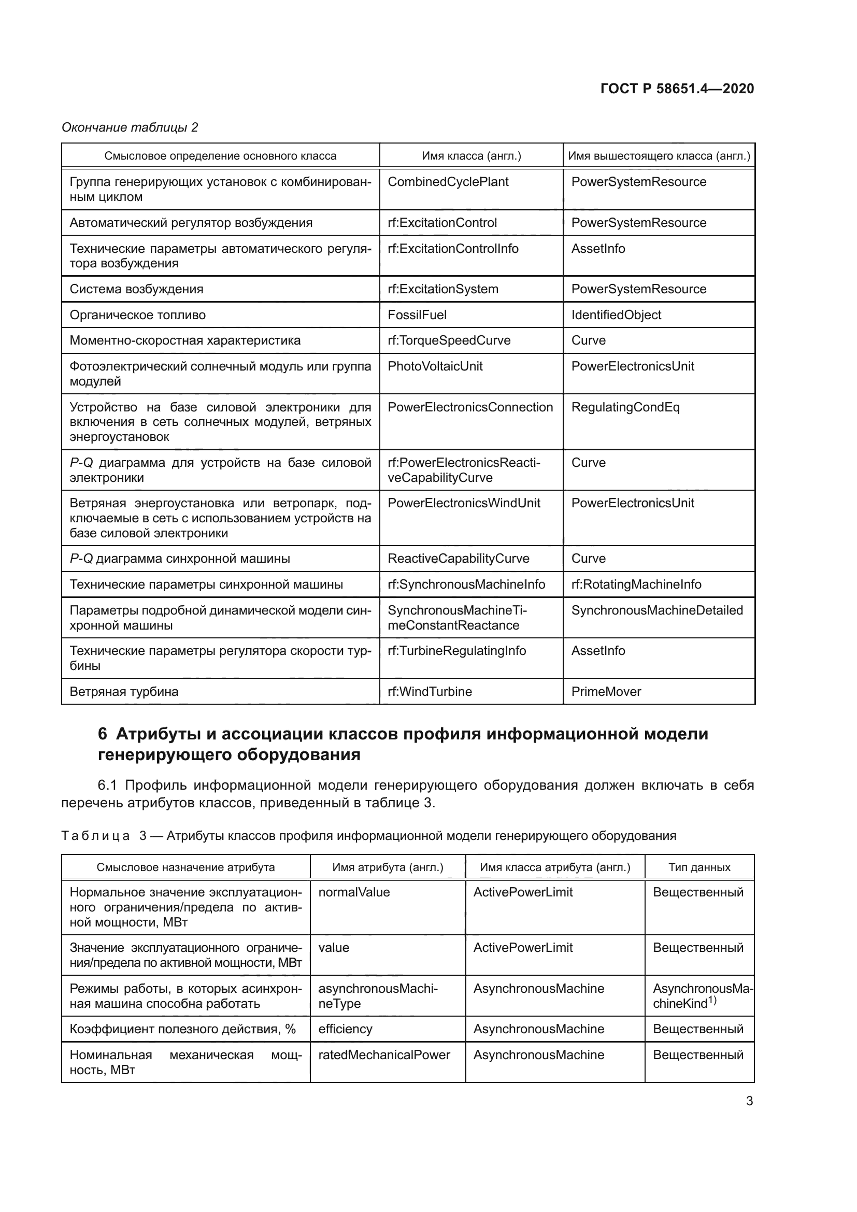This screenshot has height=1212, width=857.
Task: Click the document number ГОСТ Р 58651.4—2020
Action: click(x=677, y=89)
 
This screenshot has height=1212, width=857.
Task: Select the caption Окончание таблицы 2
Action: click(x=130, y=127)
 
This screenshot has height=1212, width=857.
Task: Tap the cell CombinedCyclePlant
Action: click(x=448, y=182)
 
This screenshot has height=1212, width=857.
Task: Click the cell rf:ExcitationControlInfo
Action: click(x=453, y=249)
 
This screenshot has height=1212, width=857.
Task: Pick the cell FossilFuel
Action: click(x=417, y=315)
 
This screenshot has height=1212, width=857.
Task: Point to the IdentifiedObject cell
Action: click(x=616, y=315)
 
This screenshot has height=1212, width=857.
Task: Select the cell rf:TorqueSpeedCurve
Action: click(x=449, y=340)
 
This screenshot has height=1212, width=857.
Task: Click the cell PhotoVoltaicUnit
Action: click(x=435, y=366)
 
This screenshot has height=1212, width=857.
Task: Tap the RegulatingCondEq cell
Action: click(x=625, y=407)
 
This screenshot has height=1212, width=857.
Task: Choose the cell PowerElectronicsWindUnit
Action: click(x=464, y=503)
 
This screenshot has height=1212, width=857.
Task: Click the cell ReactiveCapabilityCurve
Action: click(x=458, y=559)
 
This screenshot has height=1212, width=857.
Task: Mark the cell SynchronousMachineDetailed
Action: click(x=657, y=610)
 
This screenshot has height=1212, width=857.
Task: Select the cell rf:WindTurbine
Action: click(x=430, y=692)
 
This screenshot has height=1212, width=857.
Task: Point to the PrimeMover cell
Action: click(x=606, y=692)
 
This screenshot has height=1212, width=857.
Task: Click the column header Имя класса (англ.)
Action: click(x=471, y=156)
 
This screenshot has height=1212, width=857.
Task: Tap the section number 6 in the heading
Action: click(x=103, y=734)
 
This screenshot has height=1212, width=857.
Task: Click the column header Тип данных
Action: click(x=699, y=867)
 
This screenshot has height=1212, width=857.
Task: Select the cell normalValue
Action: click(x=353, y=892)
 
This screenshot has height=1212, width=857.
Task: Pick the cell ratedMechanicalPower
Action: click(x=383, y=1054)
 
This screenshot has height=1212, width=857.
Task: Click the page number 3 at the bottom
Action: click(x=749, y=1101)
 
